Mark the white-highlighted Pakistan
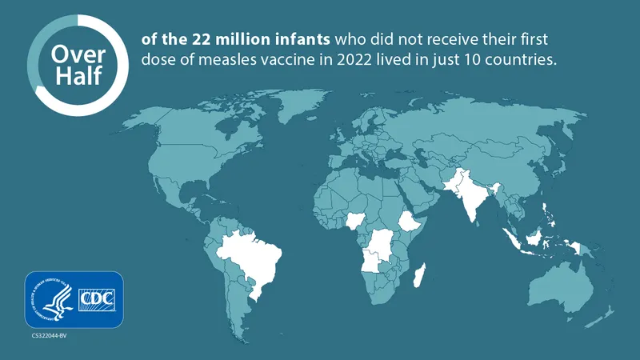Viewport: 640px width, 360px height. (x=458, y=182)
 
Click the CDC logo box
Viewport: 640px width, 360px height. (x=98, y=300)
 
